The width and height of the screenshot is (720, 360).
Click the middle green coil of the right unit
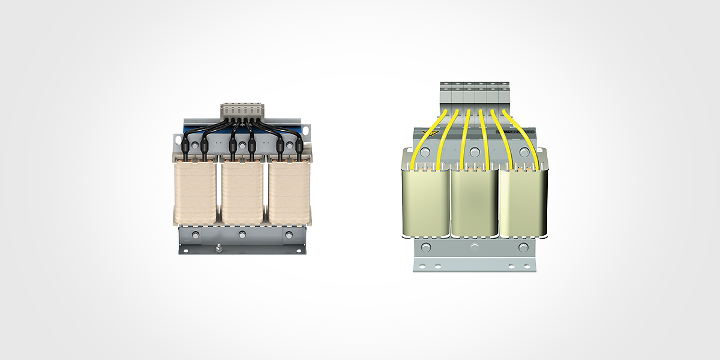click(474, 201)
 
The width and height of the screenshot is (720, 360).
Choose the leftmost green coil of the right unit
click(425, 201)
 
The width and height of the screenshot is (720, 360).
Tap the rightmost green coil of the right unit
click(523, 201)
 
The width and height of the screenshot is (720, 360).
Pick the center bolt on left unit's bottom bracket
click(242, 235)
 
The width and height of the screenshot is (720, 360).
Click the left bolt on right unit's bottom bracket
click(425, 247)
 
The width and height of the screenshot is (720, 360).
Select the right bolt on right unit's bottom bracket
click(523, 247)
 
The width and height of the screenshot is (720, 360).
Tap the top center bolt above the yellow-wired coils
click(474, 151)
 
